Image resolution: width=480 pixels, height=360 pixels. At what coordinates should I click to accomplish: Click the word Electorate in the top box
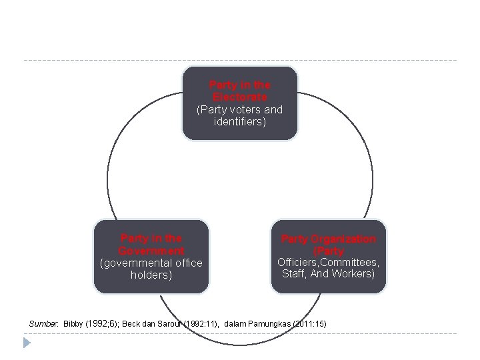click(x=240, y=97)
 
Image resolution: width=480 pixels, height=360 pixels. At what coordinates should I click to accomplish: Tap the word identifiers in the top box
click(x=240, y=122)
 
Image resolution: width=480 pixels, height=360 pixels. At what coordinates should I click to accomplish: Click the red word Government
click(x=151, y=250)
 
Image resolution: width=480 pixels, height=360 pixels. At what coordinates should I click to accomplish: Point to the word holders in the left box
click(x=151, y=274)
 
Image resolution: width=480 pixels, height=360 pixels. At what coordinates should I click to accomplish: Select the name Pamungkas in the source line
click(x=272, y=323)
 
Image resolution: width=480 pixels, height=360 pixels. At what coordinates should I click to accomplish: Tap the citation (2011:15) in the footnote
click(x=313, y=323)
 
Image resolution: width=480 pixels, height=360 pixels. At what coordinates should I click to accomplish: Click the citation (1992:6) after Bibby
click(x=103, y=323)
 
